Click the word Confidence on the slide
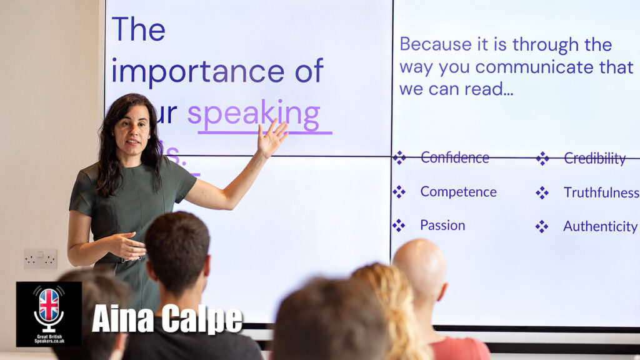[454, 157]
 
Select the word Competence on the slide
[458, 192]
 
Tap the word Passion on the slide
[442, 225]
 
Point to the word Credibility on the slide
[594, 159]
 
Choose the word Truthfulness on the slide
[601, 192]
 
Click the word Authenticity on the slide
[600, 226]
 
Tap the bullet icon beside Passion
[399, 225]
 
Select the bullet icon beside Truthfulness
[542, 192]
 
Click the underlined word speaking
[254, 115]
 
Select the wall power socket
[40, 258]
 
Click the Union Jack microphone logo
[49, 310]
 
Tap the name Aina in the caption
[122, 319]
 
